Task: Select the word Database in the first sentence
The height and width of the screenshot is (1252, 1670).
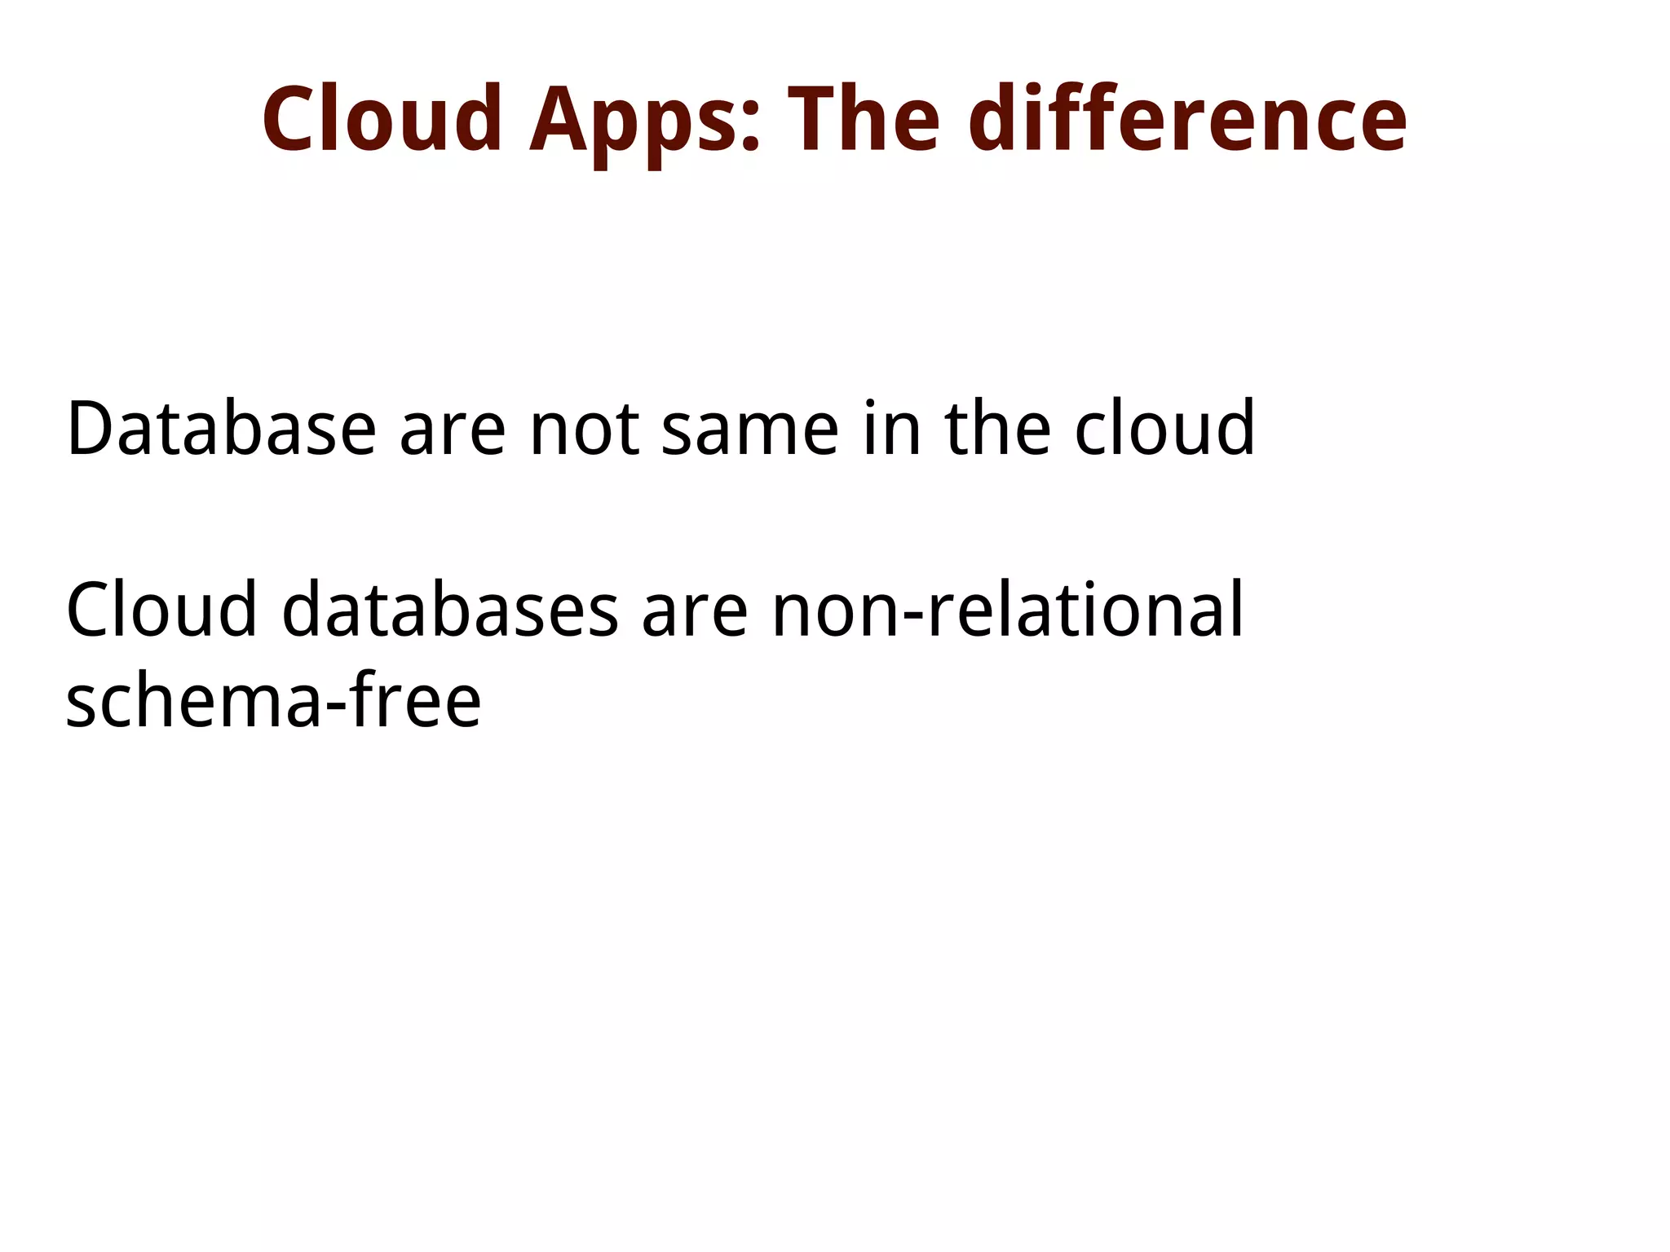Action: tap(221, 429)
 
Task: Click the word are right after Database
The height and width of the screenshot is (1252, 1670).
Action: tap(453, 436)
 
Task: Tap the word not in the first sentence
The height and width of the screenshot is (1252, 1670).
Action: tap(584, 432)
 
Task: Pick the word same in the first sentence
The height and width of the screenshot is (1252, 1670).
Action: tap(749, 436)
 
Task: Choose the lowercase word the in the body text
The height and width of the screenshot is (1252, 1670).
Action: tap(997, 429)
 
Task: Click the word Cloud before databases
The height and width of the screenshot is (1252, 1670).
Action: tap(161, 610)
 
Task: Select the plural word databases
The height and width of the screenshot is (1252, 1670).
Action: tap(450, 610)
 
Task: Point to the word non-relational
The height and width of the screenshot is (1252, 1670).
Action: tap(1008, 610)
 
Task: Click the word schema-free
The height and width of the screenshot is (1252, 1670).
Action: tap(273, 700)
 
